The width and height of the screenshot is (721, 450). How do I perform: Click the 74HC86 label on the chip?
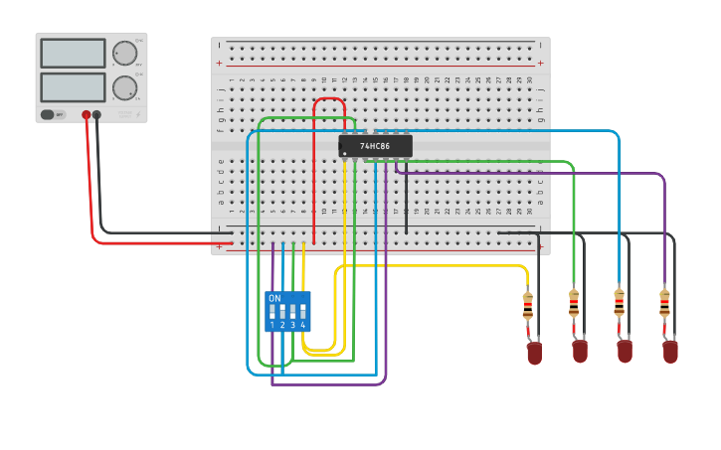pos(375,146)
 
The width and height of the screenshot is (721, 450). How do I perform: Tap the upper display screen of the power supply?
pos(73,53)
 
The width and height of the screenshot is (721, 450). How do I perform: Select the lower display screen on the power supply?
pos(73,86)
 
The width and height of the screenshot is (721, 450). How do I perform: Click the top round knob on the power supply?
pos(124,53)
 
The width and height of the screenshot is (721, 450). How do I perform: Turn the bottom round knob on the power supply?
pos(124,87)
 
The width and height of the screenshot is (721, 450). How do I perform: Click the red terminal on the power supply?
pos(87,115)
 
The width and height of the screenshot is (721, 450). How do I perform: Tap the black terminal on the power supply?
pos(96,115)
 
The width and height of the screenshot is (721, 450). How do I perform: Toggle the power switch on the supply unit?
pos(48,115)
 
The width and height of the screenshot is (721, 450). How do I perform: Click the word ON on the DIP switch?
pos(274,298)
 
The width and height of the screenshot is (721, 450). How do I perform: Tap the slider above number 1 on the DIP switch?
pos(272,311)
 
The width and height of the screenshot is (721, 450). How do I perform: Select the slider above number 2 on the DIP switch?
pos(282,311)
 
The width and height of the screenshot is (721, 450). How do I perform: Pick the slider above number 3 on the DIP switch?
pos(292,311)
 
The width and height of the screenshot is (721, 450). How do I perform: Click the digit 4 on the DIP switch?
pos(302,325)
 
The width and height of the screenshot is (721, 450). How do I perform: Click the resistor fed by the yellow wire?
pos(528,306)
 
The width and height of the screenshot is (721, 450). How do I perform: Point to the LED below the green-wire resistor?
pos(580,351)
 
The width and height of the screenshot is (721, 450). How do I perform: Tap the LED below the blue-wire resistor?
pos(625,351)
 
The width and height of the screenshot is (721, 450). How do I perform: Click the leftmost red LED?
pos(534,353)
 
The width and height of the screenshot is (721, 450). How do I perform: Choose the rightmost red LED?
pos(670,351)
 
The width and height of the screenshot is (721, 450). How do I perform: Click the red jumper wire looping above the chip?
pos(329,99)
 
